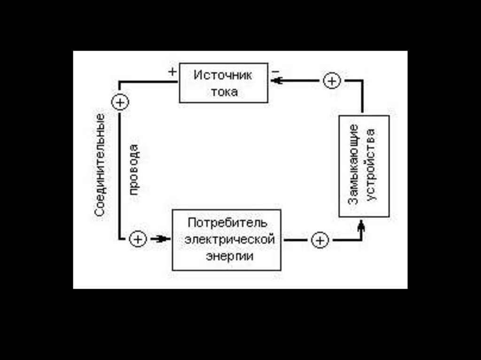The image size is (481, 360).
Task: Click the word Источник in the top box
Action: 223,75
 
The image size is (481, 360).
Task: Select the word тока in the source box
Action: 224,92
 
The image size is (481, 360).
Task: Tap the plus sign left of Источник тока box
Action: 172,72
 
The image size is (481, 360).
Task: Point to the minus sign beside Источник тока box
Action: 275,71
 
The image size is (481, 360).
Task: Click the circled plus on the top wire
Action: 332,81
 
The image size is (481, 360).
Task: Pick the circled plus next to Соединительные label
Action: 120,101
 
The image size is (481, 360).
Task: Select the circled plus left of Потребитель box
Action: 138,239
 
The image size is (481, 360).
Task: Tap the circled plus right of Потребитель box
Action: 319,240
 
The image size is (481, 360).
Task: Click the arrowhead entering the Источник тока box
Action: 277,81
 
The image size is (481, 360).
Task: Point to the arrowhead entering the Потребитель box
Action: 163,239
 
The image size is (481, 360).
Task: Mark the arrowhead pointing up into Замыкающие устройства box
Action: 361,227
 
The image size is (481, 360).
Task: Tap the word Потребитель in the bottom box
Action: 227,222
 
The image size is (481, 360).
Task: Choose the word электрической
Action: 229,239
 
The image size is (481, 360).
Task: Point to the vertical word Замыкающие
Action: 355,164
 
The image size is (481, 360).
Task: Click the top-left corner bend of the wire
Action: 120,82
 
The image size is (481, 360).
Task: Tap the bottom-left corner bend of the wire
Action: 120,239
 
